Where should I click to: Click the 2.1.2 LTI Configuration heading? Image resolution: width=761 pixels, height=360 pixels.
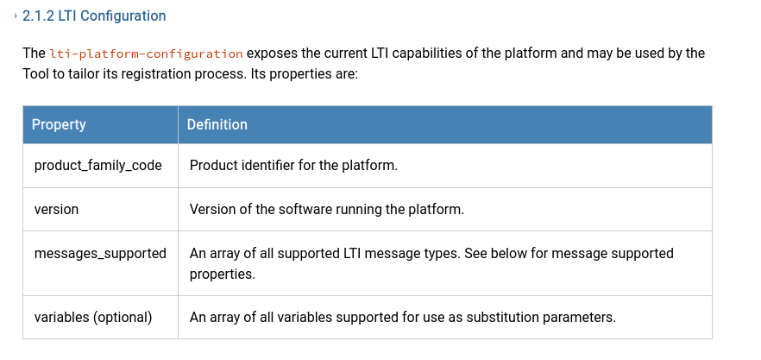click(94, 16)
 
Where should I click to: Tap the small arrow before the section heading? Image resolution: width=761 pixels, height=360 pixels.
click(16, 16)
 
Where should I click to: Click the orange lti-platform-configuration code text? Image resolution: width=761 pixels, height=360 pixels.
click(146, 54)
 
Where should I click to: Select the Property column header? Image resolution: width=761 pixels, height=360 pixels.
click(59, 124)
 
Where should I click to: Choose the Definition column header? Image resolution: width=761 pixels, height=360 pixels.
click(217, 124)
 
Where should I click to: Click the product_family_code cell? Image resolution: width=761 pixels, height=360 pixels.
click(98, 166)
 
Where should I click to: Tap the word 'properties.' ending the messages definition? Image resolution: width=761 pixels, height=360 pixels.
click(223, 275)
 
